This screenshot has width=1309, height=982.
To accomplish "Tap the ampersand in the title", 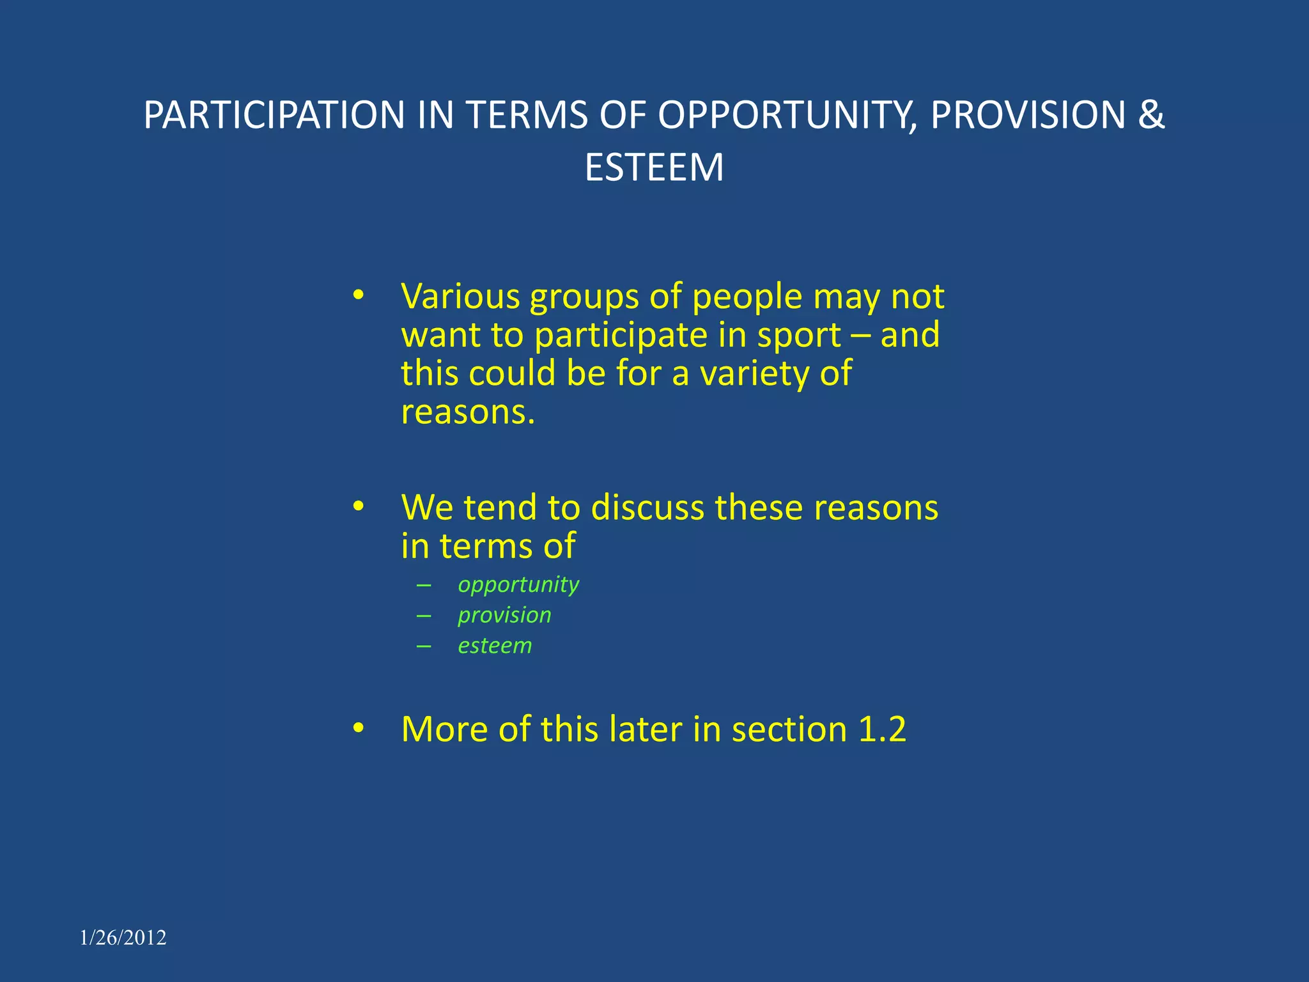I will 1151,116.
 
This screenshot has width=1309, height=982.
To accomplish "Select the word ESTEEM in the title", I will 654,168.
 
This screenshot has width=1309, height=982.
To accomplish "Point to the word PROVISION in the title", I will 1027,116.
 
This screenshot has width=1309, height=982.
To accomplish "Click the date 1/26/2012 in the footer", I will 123,938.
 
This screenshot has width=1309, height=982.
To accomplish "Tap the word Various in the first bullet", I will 461,297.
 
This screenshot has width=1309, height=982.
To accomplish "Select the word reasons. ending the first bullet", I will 467,412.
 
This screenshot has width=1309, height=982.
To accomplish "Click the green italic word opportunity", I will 518,584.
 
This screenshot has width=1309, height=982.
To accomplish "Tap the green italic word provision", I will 504,615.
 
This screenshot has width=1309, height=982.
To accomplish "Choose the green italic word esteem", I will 495,646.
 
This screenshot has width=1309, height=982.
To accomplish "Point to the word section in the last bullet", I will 789,729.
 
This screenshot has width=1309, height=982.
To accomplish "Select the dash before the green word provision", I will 424,615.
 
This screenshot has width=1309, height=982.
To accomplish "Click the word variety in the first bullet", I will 754,374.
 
